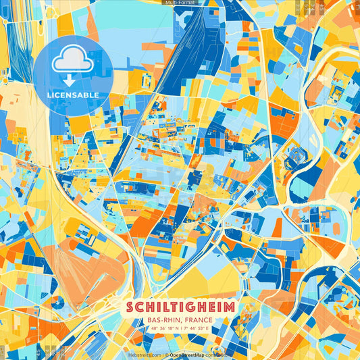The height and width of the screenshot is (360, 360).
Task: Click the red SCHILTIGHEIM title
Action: [x=180, y=307]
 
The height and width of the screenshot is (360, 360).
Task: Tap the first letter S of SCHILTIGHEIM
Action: [x=130, y=307]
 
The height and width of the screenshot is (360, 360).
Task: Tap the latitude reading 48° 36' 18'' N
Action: [x=162, y=328]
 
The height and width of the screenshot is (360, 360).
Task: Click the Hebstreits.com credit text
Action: [x=145, y=355]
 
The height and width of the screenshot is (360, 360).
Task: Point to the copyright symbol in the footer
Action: [x=165, y=355]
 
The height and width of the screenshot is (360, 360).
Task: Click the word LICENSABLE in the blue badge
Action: [x=73, y=95]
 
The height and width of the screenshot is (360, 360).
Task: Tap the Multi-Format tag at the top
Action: [x=179, y=3]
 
